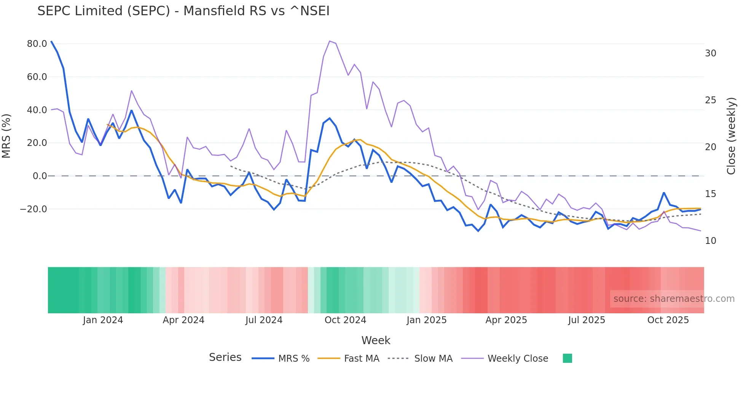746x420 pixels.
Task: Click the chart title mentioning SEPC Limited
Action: [x=183, y=11]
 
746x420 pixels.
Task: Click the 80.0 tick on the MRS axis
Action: [x=37, y=44]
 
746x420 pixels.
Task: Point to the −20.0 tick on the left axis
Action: [x=33, y=209]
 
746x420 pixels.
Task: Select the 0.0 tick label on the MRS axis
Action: [x=40, y=176]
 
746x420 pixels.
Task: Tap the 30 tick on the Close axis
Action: [x=710, y=53]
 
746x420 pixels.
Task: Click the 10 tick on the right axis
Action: [x=710, y=241]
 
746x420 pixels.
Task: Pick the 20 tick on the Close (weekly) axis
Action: [x=710, y=147]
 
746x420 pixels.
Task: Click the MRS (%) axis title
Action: [x=6, y=136]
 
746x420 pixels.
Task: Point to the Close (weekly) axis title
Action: [x=731, y=136]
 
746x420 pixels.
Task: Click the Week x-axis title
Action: [x=376, y=340]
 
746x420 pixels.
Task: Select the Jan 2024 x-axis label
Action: [x=103, y=320]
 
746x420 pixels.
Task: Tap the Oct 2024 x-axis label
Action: [x=345, y=320]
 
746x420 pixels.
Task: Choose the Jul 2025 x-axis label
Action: [x=587, y=320]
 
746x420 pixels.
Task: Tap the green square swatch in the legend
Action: [x=567, y=358]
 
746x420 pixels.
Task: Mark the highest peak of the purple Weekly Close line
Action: [x=330, y=41]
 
